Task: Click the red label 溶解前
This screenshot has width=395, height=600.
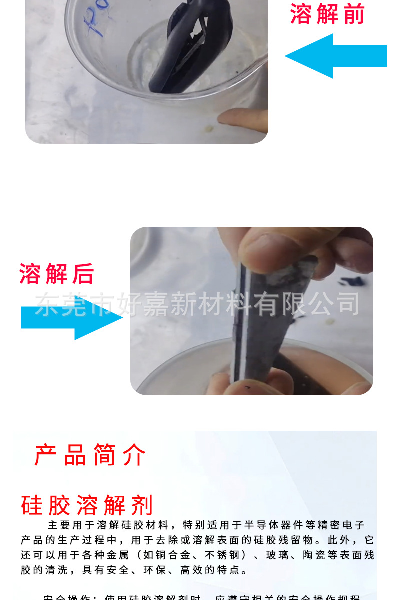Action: coord(327,14)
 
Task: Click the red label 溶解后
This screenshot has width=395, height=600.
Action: coord(56,273)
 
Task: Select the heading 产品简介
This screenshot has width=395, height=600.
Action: coord(90,455)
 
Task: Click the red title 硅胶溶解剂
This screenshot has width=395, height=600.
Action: coord(87,505)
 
